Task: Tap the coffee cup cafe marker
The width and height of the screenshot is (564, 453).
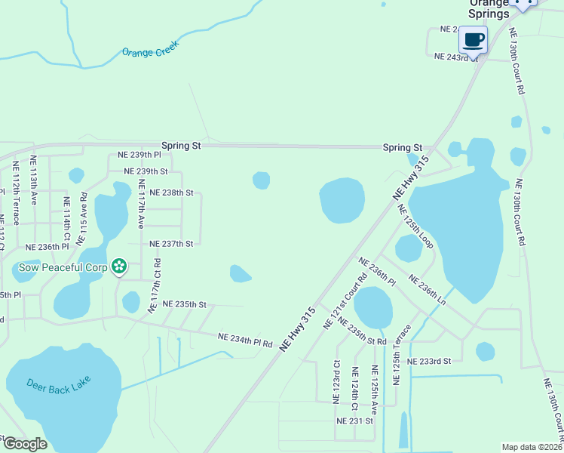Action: click(473, 39)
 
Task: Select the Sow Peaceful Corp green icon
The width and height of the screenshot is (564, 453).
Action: click(118, 266)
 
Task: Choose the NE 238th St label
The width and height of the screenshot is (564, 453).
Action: click(171, 193)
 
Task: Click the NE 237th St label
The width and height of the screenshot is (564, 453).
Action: click(171, 244)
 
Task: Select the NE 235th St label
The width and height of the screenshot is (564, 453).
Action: click(184, 304)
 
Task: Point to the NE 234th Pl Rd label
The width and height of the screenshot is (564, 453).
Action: click(245, 340)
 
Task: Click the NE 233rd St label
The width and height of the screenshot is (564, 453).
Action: click(428, 362)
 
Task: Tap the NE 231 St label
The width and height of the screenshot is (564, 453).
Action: click(354, 420)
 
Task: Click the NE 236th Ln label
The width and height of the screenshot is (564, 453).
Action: click(427, 290)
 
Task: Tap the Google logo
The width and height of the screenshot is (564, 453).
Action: click(25, 444)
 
